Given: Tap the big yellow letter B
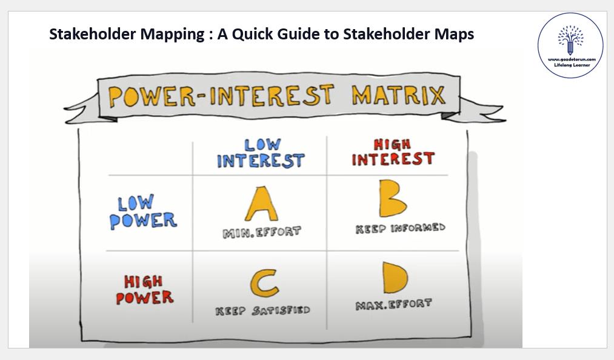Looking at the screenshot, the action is [393, 198].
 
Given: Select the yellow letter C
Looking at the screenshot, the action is [264, 283].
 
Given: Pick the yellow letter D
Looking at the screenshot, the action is [395, 278].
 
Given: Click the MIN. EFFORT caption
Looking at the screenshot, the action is [262, 232].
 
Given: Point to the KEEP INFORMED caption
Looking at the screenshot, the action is [400, 228].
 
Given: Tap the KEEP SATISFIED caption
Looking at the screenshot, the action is [262, 311].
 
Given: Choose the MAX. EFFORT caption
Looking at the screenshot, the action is [393, 304].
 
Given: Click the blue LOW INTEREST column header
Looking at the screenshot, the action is [261, 153].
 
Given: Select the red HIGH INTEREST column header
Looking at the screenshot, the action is [393, 152].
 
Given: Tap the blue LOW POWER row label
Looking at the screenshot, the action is [143, 212].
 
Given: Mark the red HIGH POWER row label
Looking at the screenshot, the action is [144, 290].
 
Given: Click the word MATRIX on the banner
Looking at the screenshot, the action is [399, 95].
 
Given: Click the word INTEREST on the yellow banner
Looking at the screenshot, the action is [272, 96].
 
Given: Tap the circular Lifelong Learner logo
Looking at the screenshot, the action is [570, 45].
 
